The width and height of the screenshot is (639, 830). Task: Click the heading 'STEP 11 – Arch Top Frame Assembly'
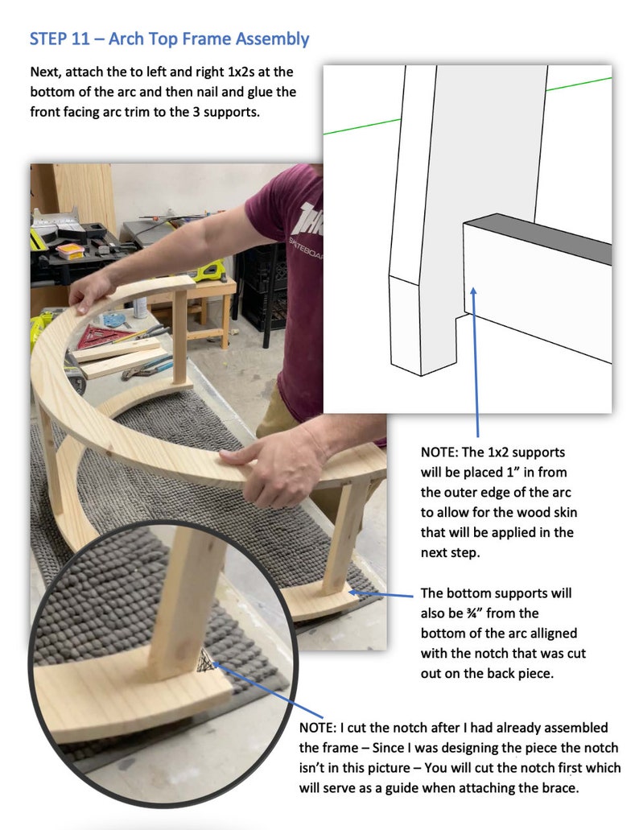(x=169, y=39)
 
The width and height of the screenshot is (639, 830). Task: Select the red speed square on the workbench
(x=99, y=337)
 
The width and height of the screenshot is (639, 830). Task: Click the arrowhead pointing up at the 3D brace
(x=473, y=292)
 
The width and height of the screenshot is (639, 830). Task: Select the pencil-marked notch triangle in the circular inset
(x=206, y=660)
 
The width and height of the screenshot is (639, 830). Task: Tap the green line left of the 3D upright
(x=362, y=126)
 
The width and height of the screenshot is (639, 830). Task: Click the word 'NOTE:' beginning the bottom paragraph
(x=317, y=728)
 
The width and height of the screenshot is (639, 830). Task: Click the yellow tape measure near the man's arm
(x=209, y=270)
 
